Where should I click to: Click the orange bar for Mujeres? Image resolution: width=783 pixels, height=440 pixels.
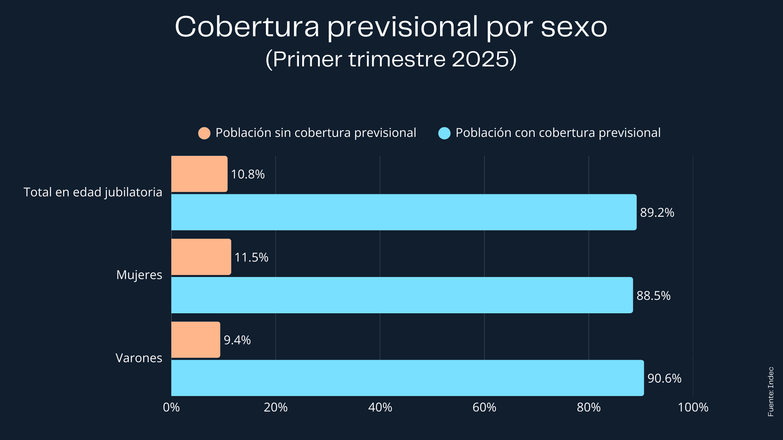(201, 257)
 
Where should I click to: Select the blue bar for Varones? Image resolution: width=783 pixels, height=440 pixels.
(407, 378)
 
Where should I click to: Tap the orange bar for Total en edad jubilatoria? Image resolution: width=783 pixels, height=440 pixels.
(199, 174)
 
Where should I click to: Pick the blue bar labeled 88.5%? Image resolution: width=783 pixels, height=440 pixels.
(402, 295)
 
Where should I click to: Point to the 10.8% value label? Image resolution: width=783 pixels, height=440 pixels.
(248, 174)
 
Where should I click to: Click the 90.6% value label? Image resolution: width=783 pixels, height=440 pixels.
(664, 378)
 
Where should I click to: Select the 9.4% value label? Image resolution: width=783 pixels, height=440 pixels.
(237, 340)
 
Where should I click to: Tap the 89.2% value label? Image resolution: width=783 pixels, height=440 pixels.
(657, 213)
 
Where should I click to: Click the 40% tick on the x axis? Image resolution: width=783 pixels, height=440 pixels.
(380, 407)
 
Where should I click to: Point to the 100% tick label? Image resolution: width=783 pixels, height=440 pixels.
(693, 407)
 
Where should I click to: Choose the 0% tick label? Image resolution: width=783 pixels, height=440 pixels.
(171, 407)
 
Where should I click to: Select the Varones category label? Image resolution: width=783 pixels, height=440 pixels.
(139, 358)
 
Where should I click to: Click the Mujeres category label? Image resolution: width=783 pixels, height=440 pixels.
(139, 275)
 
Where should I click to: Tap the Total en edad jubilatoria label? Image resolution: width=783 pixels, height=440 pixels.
(93, 192)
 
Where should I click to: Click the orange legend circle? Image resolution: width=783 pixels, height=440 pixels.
(204, 133)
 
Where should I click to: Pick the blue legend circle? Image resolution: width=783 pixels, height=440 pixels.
(444, 133)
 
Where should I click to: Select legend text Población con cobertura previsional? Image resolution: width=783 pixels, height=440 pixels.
(558, 133)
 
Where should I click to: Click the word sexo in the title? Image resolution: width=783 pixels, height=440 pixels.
(574, 27)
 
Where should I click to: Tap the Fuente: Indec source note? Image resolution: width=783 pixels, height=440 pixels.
(770, 392)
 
